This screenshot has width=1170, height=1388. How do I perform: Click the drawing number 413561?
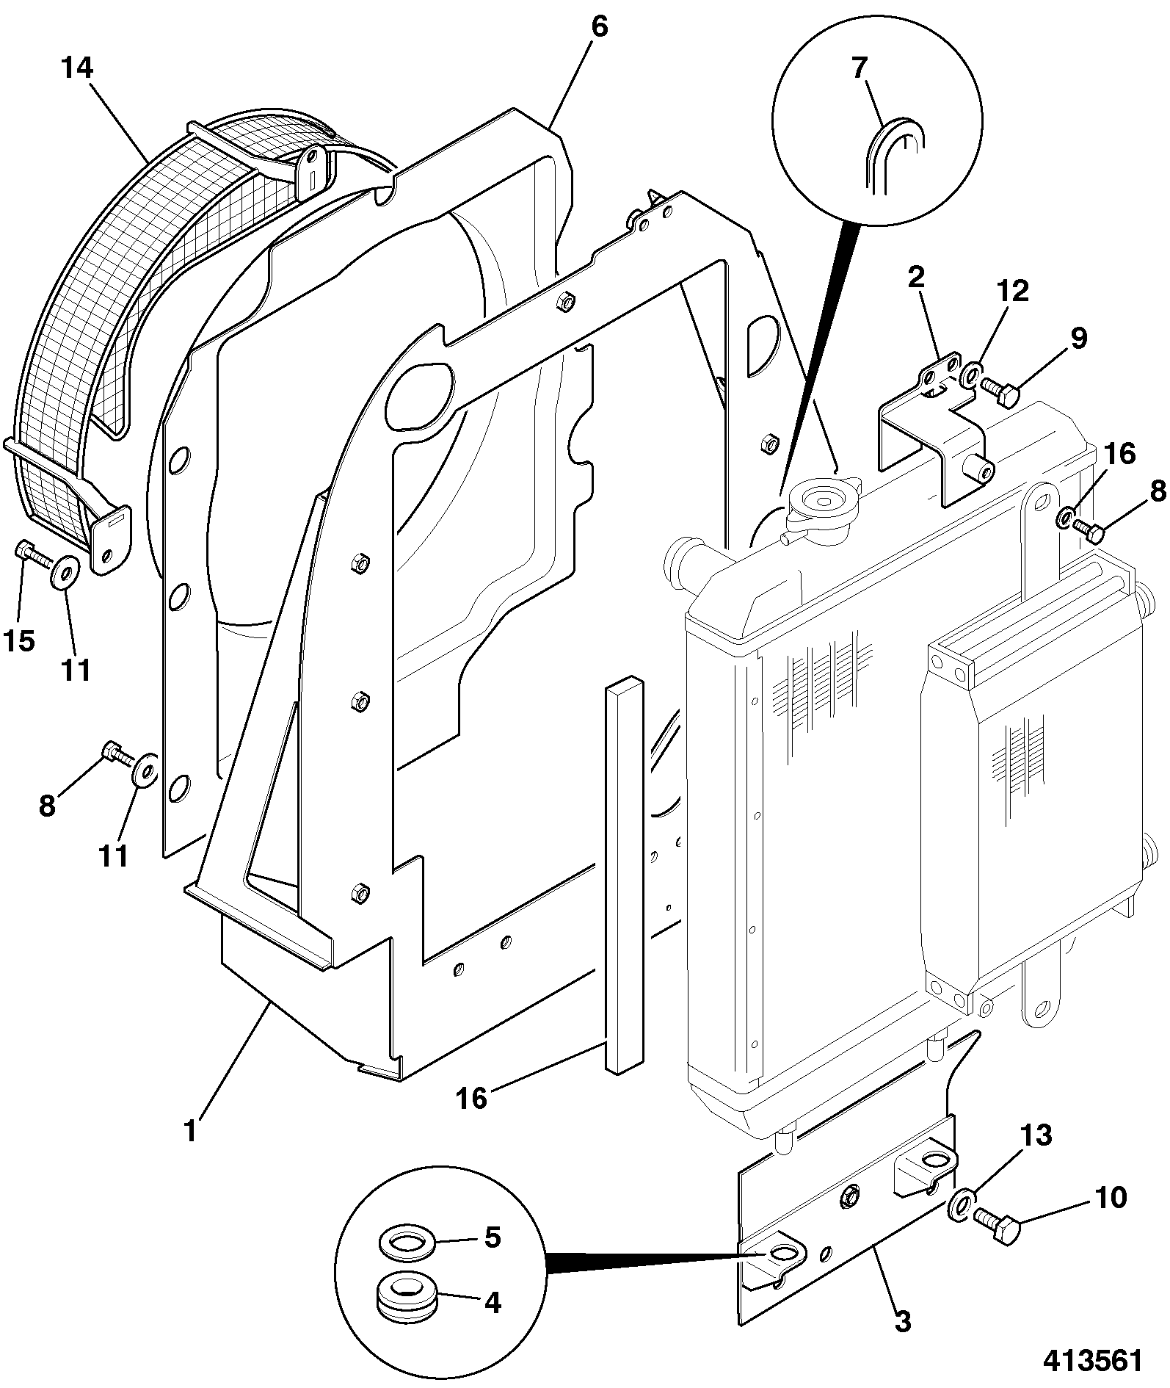pos(1093,1359)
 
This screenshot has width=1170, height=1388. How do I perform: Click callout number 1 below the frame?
pos(190,1130)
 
